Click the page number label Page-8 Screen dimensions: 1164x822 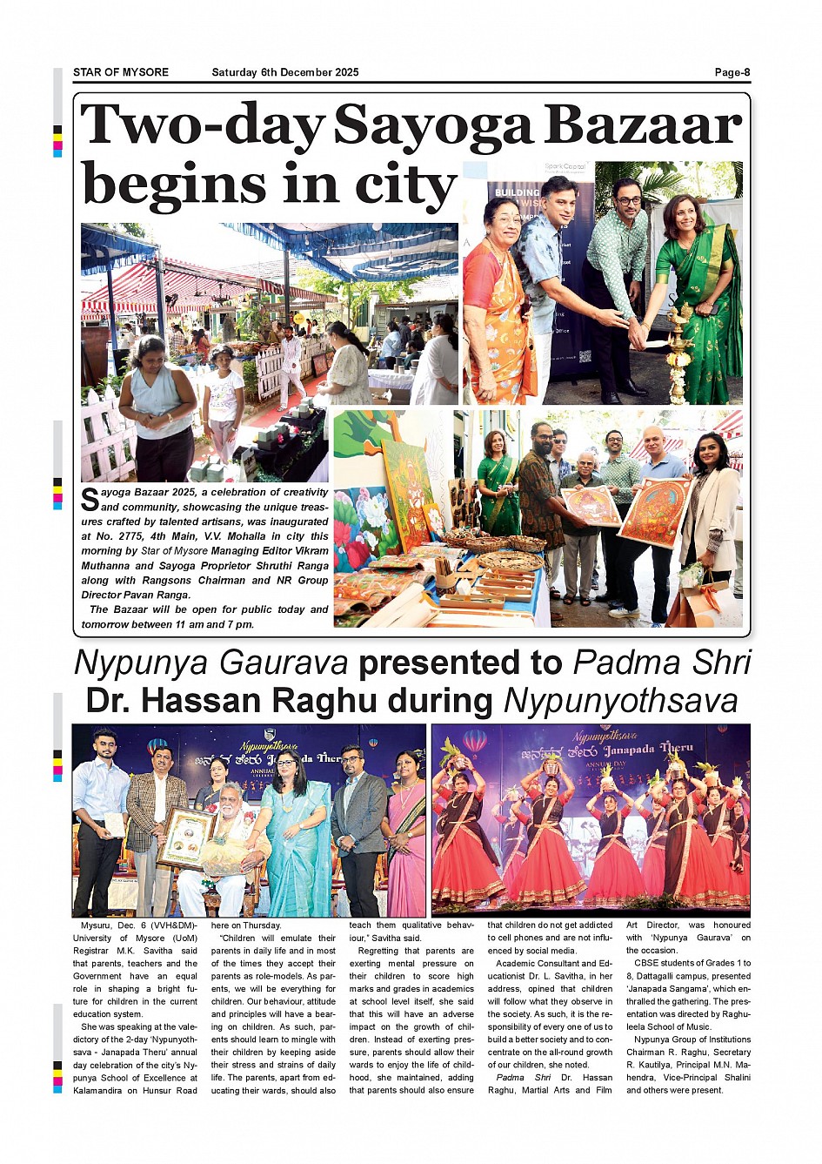(732, 72)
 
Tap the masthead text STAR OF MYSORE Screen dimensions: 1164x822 (121, 72)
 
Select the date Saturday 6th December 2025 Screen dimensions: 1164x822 (284, 72)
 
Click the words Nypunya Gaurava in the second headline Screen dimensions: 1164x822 (211, 663)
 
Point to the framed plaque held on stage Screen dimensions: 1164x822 (187, 836)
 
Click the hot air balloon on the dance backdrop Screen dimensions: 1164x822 (474, 743)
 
